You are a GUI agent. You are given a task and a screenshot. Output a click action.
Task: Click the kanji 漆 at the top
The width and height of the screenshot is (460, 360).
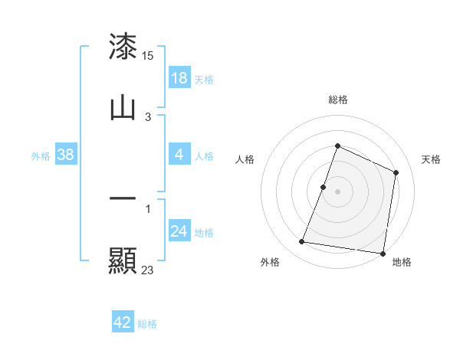coord(123,47)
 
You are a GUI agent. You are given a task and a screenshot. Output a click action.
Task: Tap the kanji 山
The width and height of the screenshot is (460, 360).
coord(123,108)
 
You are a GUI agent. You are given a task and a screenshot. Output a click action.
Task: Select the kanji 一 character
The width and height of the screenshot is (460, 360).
coord(123,198)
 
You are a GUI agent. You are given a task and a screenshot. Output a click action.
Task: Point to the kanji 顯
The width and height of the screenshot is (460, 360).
coord(123,260)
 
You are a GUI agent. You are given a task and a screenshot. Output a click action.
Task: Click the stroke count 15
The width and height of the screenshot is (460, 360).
coord(149,56)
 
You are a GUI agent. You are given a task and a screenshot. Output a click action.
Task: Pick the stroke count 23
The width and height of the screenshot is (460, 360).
coord(148,270)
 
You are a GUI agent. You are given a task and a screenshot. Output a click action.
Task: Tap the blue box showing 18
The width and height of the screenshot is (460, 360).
coord(179,77)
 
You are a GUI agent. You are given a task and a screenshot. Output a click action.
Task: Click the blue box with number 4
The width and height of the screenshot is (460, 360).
coord(179,155)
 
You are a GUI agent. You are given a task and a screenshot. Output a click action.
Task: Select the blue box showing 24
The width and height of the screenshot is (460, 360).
coord(179,232)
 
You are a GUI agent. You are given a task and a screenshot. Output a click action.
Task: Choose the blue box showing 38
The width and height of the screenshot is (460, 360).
coord(66,155)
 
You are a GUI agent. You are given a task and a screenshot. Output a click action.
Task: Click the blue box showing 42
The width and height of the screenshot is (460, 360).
coord(123,322)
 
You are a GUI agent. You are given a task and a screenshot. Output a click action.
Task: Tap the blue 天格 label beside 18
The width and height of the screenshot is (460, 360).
coord(204,79)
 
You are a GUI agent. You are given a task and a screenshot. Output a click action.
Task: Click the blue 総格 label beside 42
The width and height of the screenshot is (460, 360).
coord(147,324)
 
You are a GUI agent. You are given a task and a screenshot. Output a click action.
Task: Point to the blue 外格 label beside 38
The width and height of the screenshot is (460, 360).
coord(41,156)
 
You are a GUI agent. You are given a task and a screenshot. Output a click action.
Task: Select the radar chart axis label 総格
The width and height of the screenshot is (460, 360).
coord(338,100)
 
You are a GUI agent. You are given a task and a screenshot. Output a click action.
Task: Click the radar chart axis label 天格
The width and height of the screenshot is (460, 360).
coord(432,159)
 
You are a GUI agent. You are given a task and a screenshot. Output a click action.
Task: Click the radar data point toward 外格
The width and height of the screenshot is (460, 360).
coord(302,242)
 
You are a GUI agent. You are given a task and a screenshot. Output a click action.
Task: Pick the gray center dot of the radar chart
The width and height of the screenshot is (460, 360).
coord(338,191)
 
